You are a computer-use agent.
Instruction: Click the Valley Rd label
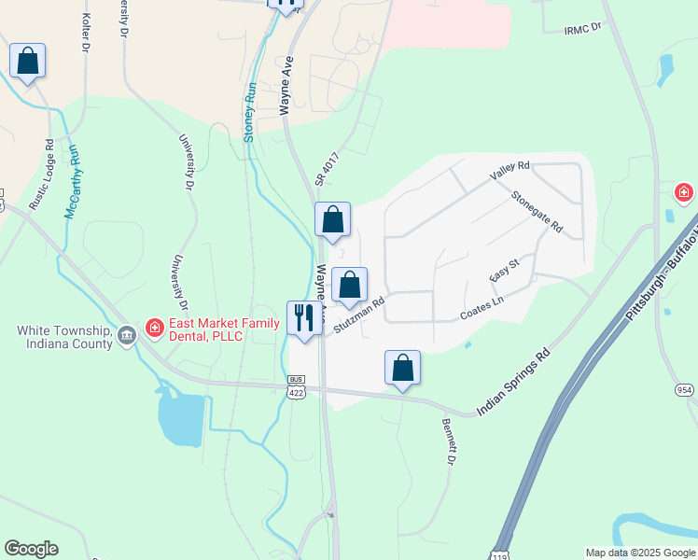point(510,172)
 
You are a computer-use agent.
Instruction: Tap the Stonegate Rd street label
point(537,212)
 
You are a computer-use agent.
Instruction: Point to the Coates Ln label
point(482,309)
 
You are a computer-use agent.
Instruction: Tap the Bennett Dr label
point(449,441)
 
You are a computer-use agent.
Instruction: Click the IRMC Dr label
point(584,30)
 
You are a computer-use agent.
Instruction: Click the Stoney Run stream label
point(249,112)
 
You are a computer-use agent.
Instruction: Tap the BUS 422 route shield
point(297,387)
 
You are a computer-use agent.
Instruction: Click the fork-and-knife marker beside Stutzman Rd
point(303,317)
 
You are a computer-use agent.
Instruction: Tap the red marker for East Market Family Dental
point(155,329)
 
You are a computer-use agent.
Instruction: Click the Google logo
point(31,549)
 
